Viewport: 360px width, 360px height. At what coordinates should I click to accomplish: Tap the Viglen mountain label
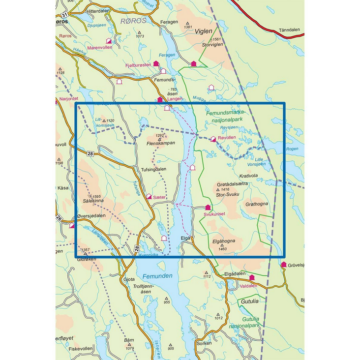coord(203,31)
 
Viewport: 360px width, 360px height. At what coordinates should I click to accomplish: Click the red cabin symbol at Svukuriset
coord(208,208)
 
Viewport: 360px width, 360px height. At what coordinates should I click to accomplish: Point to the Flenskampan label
coord(161,144)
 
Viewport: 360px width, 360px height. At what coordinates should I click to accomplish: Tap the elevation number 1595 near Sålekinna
coord(96,196)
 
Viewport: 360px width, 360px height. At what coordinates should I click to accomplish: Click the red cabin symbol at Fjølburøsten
coord(156,63)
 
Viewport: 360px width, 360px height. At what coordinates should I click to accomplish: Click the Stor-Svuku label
coord(228,195)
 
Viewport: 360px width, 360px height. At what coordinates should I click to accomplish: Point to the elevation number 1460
coord(222,249)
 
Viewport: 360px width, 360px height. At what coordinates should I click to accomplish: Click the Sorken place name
coord(203,343)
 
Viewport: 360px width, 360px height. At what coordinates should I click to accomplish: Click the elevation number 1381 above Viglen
coord(187,27)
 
